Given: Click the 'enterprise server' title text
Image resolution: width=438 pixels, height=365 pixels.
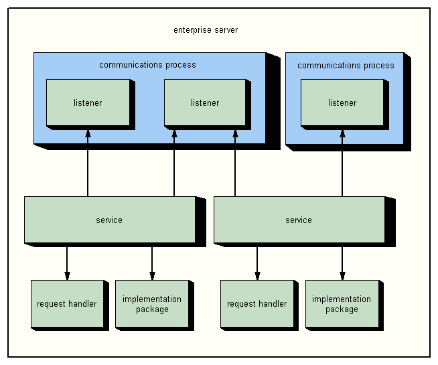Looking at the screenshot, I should (205, 30).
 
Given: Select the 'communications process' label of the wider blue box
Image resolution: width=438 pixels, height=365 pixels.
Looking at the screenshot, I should (147, 65).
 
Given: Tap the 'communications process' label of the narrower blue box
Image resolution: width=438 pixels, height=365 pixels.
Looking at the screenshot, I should (346, 66).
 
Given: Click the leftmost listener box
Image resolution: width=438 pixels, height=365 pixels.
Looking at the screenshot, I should (88, 102).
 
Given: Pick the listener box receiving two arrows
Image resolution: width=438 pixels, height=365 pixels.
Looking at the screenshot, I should (205, 102).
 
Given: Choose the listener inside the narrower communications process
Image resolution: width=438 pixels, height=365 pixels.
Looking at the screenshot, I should (342, 102).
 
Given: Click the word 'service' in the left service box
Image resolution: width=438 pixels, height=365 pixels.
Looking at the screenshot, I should (109, 220).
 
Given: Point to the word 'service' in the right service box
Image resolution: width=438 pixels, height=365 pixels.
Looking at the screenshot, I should (299, 220).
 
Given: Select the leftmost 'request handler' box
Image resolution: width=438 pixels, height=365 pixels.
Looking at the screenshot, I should (67, 303).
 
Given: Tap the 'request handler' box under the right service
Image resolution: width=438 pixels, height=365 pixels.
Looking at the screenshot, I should (257, 303).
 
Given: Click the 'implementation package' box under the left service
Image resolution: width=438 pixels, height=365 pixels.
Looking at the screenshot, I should (152, 304).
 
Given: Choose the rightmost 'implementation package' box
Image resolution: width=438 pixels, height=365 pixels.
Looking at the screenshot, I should (342, 304).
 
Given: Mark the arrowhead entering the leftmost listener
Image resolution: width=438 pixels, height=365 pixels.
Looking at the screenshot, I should (88, 133).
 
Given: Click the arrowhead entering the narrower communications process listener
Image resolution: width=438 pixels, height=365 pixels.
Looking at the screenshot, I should (342, 133).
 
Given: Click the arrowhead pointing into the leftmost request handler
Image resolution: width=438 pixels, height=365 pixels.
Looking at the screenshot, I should (67, 275).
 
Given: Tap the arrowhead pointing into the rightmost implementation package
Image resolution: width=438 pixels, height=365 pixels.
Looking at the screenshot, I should (342, 275).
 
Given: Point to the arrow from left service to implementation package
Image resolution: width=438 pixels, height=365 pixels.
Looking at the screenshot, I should (152, 261).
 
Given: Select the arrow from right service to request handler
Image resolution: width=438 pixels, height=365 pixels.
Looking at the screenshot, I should (257, 261).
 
